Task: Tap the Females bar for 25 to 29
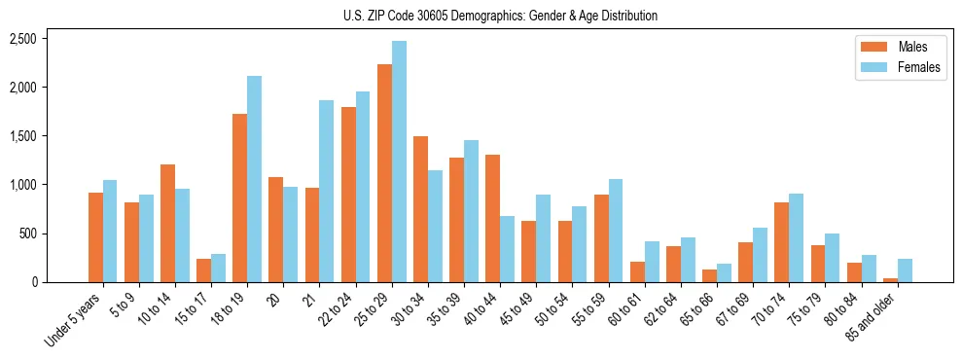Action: coord(399,162)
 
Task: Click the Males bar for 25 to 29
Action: coord(384,173)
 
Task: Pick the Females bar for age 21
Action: coord(327,192)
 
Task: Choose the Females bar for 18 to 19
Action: coord(255,179)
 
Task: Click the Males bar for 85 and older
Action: coord(889,280)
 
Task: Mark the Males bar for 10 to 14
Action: coord(168,224)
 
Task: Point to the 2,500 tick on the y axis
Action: coord(22,39)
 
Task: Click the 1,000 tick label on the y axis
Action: coord(22,185)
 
